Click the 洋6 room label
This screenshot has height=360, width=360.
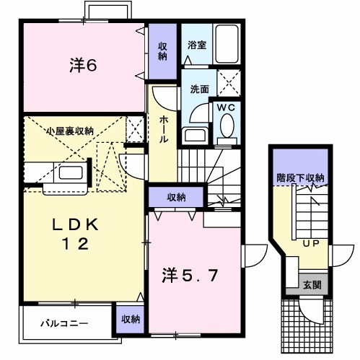pyautogui.click(x=84, y=65)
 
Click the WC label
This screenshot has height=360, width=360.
pyautogui.click(x=227, y=107)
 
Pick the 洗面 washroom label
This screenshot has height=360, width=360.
pyautogui.click(x=200, y=89)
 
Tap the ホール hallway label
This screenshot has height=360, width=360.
pyautogui.click(x=164, y=129)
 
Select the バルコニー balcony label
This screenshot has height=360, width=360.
pyautogui.click(x=63, y=323)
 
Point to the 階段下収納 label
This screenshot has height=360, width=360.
pyautogui.click(x=300, y=177)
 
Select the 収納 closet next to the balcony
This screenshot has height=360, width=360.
pyautogui.click(x=130, y=318)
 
